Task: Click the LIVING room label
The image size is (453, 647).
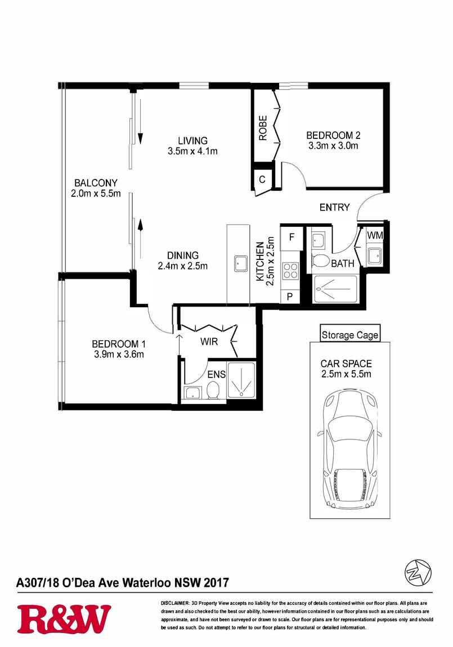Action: pos(192,141)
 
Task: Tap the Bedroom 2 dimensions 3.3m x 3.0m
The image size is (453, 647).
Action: pos(333,146)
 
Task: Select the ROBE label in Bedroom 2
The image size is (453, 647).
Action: pos(263,128)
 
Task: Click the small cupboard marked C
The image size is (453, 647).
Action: pos(262,180)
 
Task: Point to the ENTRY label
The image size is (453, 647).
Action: pos(335,208)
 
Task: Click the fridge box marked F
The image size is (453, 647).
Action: pos(291,237)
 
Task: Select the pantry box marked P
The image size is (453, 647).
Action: pos(290,296)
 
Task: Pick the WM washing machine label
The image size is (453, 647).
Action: pos(375,236)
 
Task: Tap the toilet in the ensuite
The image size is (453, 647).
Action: pos(213,389)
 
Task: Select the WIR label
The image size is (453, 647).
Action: pos(209,342)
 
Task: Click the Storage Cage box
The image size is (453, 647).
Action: pos(350,335)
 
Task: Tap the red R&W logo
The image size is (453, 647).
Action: pos(64,619)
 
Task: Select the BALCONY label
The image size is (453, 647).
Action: pos(96,183)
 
